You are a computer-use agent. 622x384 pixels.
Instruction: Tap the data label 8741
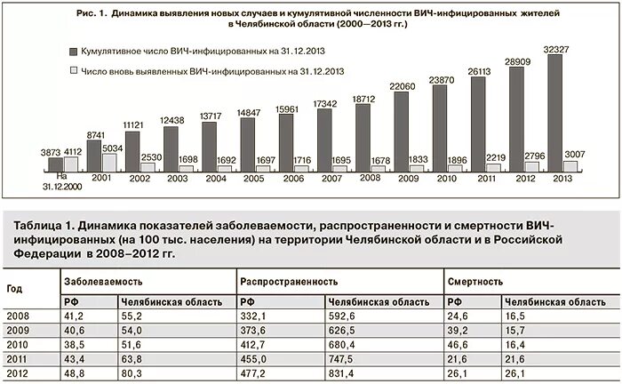(x=96, y=135)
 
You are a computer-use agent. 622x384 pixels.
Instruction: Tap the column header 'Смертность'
(x=474, y=281)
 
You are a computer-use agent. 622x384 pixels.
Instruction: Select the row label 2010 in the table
(x=18, y=345)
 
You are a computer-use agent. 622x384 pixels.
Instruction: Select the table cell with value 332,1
(x=256, y=316)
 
